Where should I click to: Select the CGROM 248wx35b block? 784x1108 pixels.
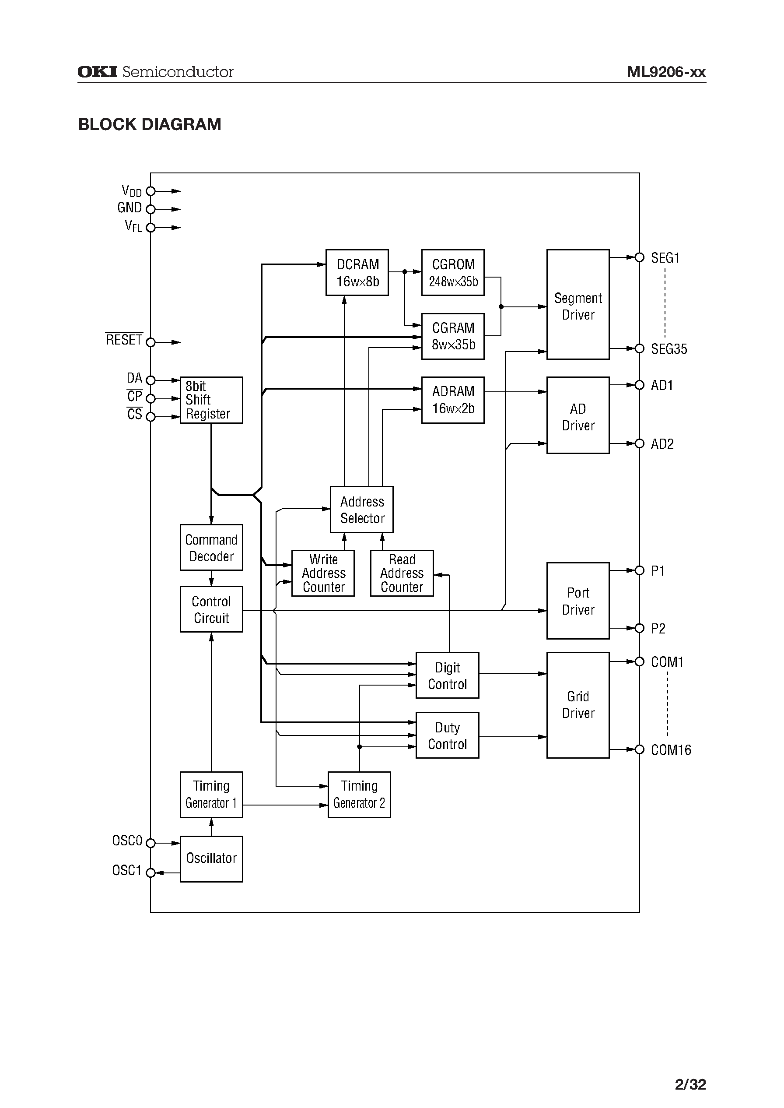click(x=452, y=272)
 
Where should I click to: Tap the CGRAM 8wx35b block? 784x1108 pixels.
click(x=452, y=336)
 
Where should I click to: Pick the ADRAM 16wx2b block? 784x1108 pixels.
click(x=452, y=400)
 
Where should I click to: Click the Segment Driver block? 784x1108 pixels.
click(x=577, y=304)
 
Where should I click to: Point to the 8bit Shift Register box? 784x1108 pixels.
click(x=211, y=400)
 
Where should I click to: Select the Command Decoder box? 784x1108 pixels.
click(x=211, y=547)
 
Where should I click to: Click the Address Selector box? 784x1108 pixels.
click(x=361, y=510)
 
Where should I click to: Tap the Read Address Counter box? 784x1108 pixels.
click(x=401, y=573)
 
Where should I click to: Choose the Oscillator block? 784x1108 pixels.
click(x=211, y=858)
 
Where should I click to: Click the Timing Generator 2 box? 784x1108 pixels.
click(x=359, y=795)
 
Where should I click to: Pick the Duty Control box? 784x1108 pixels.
click(x=447, y=735)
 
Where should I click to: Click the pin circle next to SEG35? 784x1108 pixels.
click(x=639, y=348)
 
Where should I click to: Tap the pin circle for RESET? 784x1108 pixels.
click(x=150, y=342)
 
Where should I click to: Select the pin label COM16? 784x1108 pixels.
click(x=671, y=749)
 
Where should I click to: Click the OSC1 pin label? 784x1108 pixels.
click(x=126, y=870)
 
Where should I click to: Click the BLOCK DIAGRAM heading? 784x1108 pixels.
click(x=150, y=125)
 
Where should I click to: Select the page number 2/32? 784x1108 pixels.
click(x=690, y=1084)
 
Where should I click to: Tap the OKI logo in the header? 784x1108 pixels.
click(x=97, y=72)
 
